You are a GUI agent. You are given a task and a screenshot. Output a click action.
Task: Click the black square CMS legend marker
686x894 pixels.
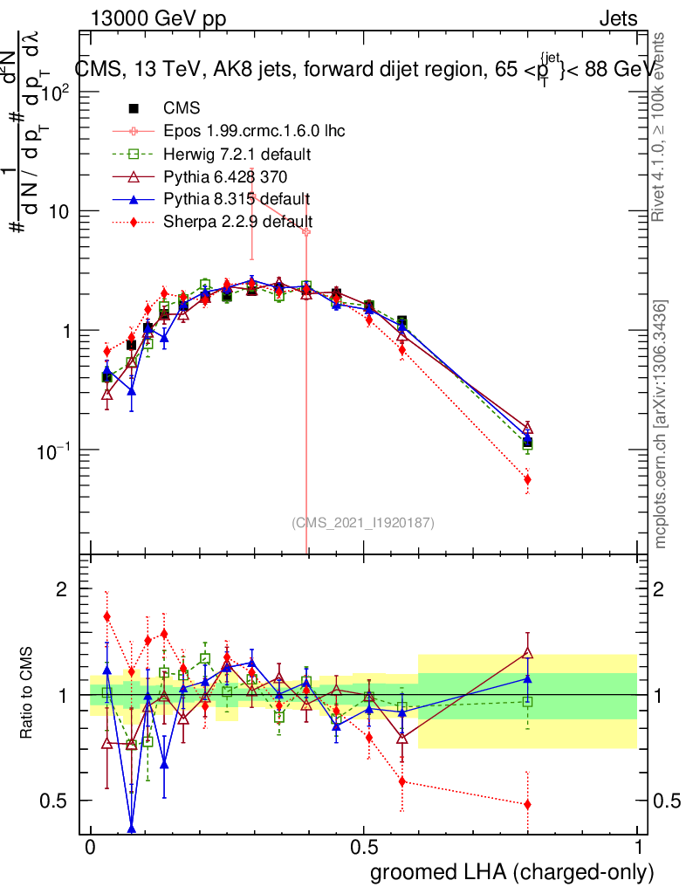click(x=134, y=109)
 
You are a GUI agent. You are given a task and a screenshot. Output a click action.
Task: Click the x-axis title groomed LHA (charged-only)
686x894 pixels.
click(x=512, y=872)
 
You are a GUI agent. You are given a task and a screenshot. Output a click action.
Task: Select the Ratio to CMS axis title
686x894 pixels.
click(x=27, y=695)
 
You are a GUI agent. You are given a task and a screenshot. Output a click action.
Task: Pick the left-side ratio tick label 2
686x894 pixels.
click(x=61, y=590)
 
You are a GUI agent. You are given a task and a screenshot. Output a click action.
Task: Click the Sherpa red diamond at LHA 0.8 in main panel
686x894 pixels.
click(x=528, y=479)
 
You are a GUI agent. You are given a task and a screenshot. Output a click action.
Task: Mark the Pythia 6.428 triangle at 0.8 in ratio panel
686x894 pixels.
click(x=528, y=652)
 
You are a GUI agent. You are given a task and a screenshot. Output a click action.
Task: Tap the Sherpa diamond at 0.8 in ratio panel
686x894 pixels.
click(x=528, y=804)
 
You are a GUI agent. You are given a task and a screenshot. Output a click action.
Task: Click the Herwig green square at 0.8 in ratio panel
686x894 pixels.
click(x=528, y=701)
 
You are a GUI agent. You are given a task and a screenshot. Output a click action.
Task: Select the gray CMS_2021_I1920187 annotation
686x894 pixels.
click(x=362, y=522)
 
